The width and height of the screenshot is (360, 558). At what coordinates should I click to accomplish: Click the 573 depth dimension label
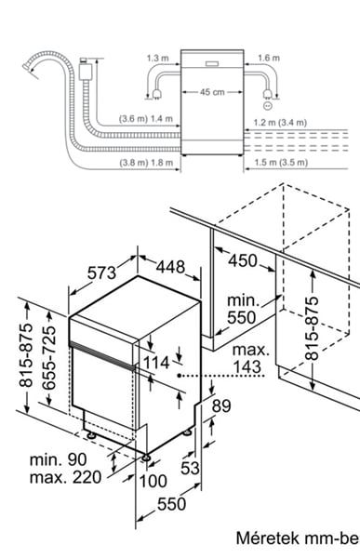101,272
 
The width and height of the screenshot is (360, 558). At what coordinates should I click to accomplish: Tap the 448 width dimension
170,267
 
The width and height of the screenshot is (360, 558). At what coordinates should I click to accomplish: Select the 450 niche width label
243,260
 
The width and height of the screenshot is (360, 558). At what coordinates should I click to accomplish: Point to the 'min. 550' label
242,309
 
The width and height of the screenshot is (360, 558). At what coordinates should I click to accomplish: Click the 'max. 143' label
250,358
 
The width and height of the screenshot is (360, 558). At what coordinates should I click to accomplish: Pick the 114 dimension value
156,363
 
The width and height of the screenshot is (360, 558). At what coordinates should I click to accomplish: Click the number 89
221,405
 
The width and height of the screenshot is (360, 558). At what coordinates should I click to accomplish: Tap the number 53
190,468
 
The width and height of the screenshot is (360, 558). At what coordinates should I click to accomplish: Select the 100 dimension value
153,481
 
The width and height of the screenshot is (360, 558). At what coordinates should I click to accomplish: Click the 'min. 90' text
58,459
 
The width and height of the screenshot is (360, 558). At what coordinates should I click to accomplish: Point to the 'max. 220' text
65,477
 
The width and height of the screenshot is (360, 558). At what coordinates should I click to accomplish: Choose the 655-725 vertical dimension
48,357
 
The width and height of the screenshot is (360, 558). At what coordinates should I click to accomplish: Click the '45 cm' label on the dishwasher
212,92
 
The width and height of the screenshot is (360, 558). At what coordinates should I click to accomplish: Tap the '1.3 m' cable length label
158,58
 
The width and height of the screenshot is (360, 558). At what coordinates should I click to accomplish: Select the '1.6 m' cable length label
269,58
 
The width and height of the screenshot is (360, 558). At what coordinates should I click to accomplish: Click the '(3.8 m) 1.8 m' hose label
146,163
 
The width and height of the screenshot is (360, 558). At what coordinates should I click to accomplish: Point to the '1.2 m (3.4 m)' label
280,123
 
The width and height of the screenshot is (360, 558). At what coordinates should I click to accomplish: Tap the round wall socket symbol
267,106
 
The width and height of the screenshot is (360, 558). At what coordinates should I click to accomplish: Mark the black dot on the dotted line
180,376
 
